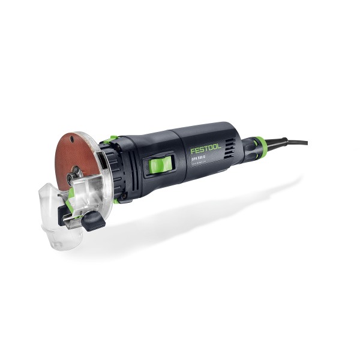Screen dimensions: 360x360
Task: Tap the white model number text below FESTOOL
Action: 200,159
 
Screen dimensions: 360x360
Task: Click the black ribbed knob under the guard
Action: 94,220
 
